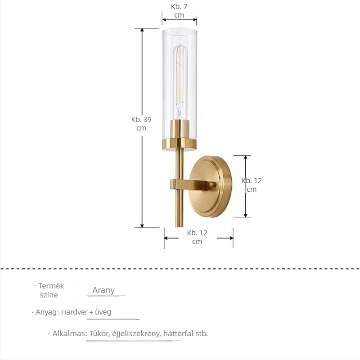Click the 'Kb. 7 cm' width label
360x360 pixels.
(179, 11)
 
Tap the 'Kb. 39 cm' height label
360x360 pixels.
(141, 123)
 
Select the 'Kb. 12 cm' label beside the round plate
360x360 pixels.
(252, 185)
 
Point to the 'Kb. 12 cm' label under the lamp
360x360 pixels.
(197, 237)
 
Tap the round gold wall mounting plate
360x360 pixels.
(211, 186)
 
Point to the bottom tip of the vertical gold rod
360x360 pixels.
(179, 227)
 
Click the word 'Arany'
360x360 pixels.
(103, 290)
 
